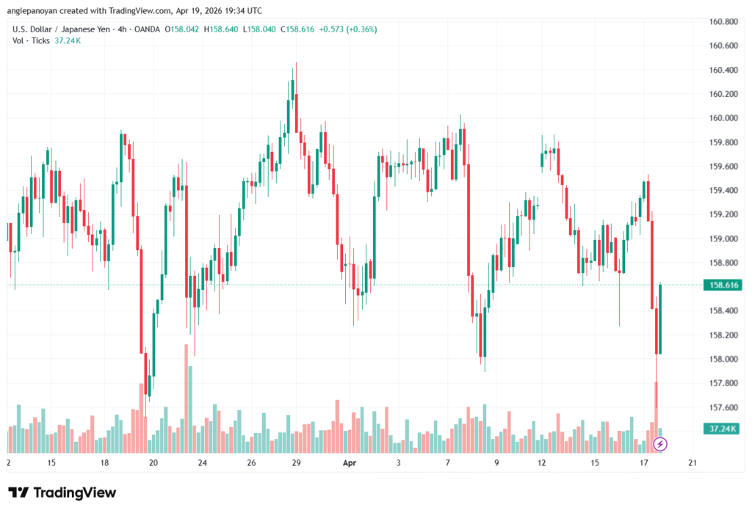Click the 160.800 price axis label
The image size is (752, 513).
pyautogui.click(x=723, y=21)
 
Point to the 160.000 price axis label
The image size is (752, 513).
pyautogui.click(x=723, y=118)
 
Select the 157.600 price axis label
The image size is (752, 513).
pyautogui.click(x=723, y=407)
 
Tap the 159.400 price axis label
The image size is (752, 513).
pyautogui.click(x=723, y=190)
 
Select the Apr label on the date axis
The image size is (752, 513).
pyautogui.click(x=350, y=463)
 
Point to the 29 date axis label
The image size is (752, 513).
pyautogui.click(x=296, y=463)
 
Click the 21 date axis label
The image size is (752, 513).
pyautogui.click(x=692, y=463)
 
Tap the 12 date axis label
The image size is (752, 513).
pyautogui.click(x=542, y=463)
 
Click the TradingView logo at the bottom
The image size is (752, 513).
pyautogui.click(x=62, y=492)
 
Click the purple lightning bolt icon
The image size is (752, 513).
pyautogui.click(x=660, y=444)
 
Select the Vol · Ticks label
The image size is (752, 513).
pyautogui.click(x=31, y=40)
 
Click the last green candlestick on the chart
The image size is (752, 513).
pyautogui.click(x=661, y=319)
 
